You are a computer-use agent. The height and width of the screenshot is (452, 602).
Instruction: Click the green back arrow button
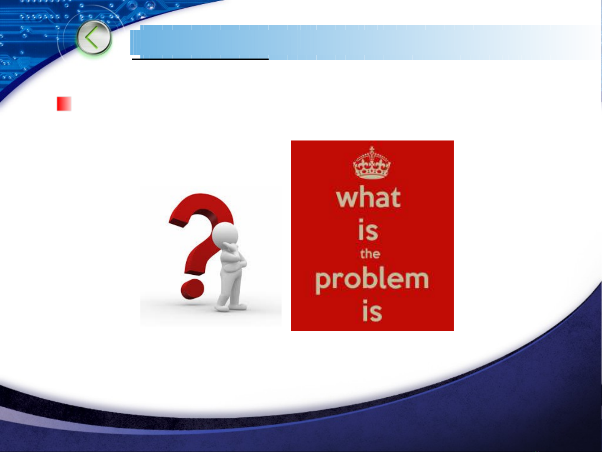coord(94,38)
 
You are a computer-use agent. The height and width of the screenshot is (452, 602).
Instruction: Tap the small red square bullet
coord(64,104)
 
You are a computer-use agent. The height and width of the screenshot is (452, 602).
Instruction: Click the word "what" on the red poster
coord(368,197)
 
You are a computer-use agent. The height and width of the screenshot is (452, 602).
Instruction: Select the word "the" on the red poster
coord(370,254)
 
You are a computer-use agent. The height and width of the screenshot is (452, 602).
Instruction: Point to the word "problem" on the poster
coord(372,281)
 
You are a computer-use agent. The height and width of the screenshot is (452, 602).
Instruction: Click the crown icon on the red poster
coord(372,163)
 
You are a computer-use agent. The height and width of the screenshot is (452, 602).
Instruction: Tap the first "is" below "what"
coord(368,230)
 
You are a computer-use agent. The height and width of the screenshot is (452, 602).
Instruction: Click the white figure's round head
coord(225,234)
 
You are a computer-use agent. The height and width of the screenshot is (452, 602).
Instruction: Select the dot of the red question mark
coord(192,289)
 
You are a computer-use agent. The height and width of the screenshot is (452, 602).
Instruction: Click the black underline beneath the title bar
coord(200,59)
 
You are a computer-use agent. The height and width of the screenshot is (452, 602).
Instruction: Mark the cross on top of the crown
coord(372,150)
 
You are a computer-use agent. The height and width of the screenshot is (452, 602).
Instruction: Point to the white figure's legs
coord(230,287)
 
